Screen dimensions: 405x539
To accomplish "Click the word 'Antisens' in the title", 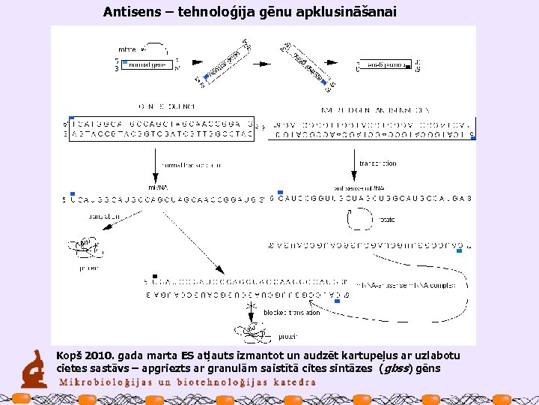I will [x=129, y=12].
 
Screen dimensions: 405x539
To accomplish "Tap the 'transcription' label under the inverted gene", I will [x=378, y=163].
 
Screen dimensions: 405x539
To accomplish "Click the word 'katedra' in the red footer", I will [x=292, y=382].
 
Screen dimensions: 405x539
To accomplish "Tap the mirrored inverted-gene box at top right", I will [x=383, y=66].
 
